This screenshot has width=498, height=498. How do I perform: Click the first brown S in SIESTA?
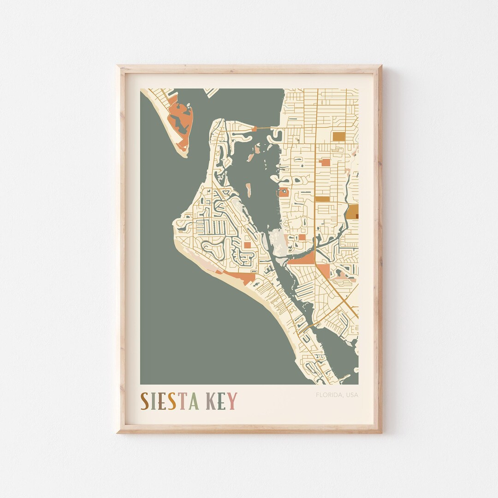(145, 401)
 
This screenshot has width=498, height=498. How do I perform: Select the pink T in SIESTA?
(183, 401)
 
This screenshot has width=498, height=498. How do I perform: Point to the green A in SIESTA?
(194, 401)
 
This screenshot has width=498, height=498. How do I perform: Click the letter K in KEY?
(212, 401)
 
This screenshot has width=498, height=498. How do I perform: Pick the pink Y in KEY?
(232, 401)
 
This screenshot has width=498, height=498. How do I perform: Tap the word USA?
(352, 395)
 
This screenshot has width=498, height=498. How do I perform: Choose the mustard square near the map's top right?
(339, 136)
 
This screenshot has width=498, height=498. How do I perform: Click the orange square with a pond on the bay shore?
(283, 192)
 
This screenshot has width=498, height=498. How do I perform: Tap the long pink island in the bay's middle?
(248, 190)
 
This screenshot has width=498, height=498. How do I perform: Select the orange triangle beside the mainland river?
(304, 259)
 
